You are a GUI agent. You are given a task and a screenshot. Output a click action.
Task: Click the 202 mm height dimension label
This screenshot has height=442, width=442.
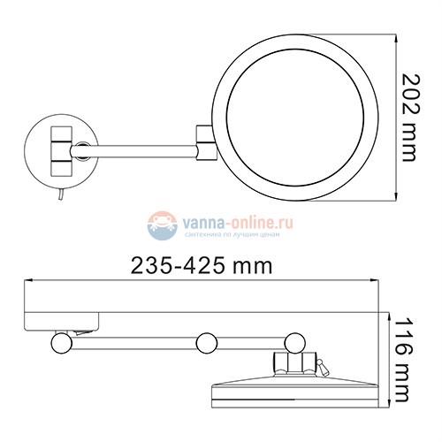click(x=407, y=117)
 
